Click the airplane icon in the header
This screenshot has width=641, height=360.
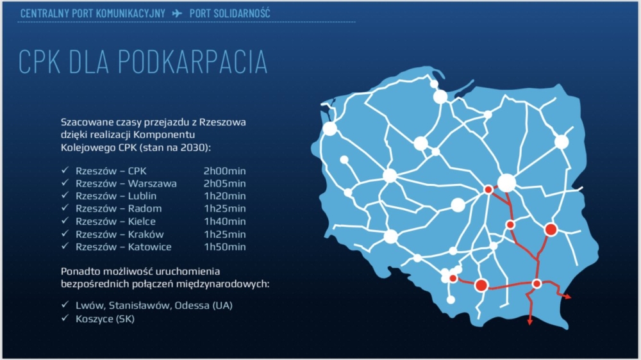pyautogui.click(x=177, y=13)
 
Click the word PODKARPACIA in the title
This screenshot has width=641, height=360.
pyautogui.click(x=192, y=62)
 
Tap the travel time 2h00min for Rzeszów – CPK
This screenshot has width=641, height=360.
pyautogui.click(x=224, y=171)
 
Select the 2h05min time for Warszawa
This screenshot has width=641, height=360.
pyautogui.click(x=224, y=183)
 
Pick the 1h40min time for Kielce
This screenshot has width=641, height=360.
pyautogui.click(x=224, y=222)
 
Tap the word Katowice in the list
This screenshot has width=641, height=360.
pyautogui.click(x=149, y=247)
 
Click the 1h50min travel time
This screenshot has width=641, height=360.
pyautogui.click(x=224, y=247)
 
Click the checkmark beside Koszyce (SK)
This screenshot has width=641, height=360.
pyautogui.click(x=65, y=318)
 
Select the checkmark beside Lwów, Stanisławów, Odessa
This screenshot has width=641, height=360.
pyautogui.click(x=65, y=304)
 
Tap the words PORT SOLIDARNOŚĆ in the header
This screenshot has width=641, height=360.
pyautogui.click(x=229, y=13)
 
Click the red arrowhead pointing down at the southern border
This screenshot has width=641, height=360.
pyautogui.click(x=530, y=322)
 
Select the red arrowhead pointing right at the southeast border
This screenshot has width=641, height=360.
pyautogui.click(x=568, y=297)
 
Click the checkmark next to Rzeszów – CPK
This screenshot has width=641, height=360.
pyautogui.click(x=65, y=170)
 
